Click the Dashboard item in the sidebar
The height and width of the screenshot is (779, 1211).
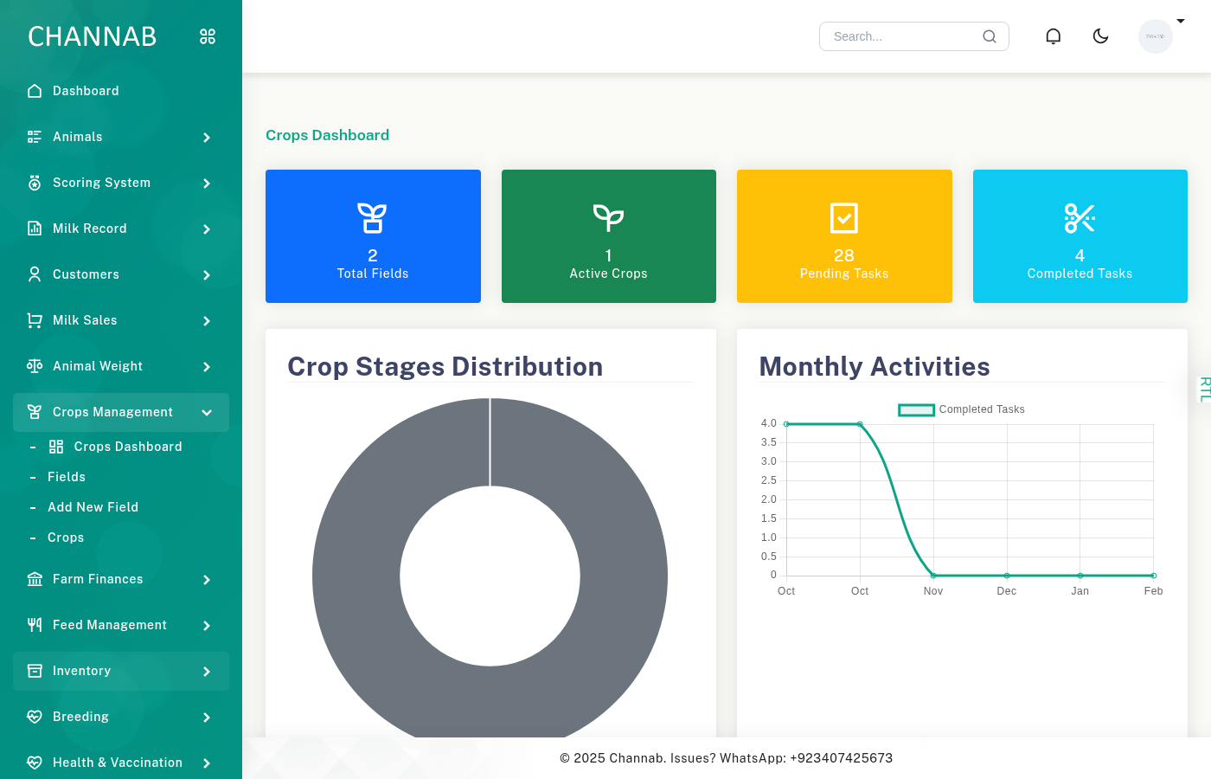tap(86, 91)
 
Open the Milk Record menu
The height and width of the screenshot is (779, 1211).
tap(90, 229)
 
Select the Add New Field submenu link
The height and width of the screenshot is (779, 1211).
tap(93, 507)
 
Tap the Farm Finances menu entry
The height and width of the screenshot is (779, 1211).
tap(98, 579)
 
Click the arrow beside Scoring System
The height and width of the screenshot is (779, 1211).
tap(207, 183)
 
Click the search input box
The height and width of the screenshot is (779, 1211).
tap(904, 36)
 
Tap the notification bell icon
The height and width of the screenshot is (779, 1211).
tap(1053, 36)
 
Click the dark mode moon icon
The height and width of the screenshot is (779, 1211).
tap(1100, 36)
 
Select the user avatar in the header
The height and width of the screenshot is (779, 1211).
tap(1155, 36)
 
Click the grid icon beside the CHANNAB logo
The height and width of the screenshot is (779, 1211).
tap(208, 36)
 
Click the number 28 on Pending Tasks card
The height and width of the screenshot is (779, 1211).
tap(844, 255)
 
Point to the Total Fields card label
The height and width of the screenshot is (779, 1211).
tap(373, 274)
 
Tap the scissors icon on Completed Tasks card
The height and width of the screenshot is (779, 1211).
tap(1080, 218)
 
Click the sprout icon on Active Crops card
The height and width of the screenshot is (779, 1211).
tap(608, 218)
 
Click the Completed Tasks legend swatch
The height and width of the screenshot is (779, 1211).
tap(916, 409)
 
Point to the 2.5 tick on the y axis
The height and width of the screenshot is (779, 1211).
tap(768, 480)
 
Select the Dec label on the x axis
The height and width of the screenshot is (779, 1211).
tap(1007, 591)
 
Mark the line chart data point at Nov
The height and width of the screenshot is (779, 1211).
tap(933, 576)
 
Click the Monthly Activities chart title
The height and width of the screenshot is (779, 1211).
tap(875, 367)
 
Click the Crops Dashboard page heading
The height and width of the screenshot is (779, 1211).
tap(327, 135)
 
